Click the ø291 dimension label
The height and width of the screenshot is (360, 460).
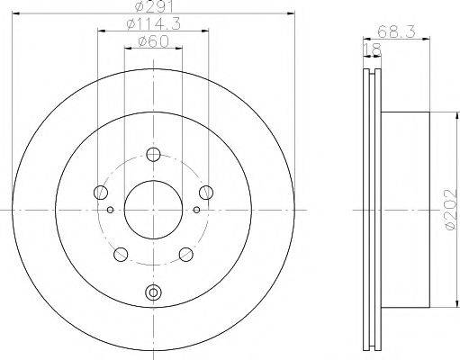pos(154,6)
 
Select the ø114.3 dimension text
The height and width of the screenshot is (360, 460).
pos(153,24)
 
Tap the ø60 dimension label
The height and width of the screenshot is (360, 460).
pos(153,42)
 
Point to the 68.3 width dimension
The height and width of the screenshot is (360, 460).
pos(396,31)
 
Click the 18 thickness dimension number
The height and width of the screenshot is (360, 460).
pos(372,49)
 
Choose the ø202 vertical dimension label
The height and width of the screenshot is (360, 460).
pos(452,210)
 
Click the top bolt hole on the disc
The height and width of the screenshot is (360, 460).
pos(153,155)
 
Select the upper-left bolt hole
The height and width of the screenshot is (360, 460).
pos(101,192)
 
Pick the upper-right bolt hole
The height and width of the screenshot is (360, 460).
pos(206,192)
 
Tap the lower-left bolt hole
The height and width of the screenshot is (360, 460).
pos(121,255)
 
